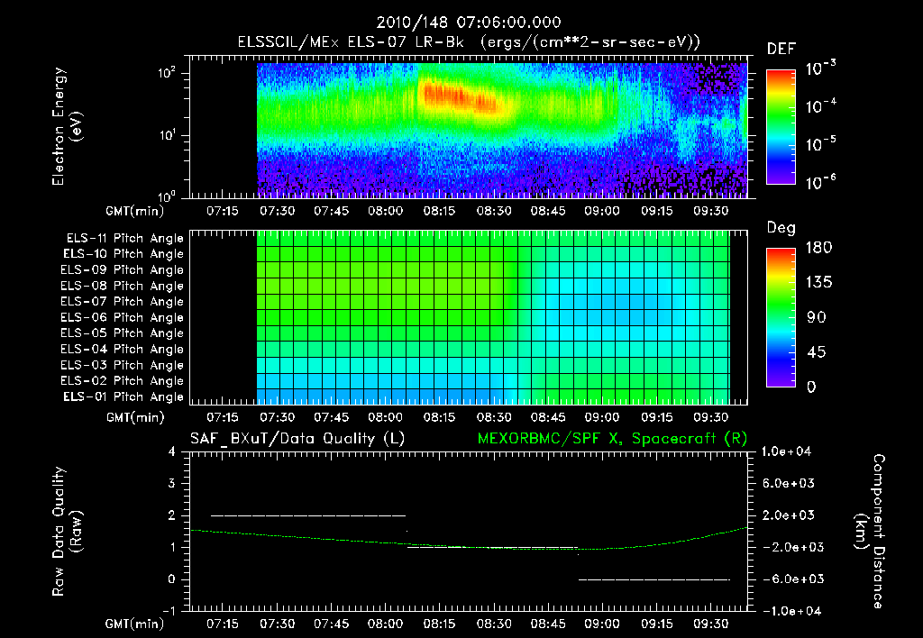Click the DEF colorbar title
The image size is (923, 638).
781,49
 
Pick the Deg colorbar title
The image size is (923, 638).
781,228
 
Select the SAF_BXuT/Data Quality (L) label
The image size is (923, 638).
296,439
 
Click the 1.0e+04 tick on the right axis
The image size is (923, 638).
790,451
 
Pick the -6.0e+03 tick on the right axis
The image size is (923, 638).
788,579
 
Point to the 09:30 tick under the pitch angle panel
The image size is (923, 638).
711,418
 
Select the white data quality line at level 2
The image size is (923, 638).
306,515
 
